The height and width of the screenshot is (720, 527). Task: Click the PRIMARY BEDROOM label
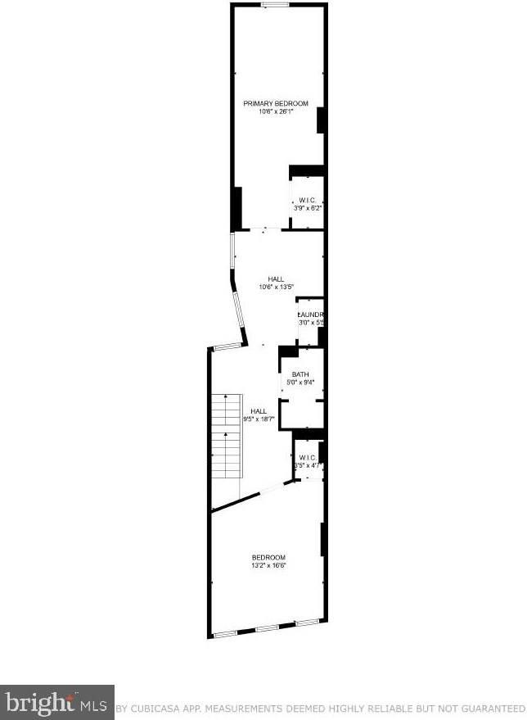click(x=276, y=103)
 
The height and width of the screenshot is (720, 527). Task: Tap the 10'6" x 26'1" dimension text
click(x=276, y=111)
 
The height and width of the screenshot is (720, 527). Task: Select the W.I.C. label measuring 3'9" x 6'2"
click(x=308, y=200)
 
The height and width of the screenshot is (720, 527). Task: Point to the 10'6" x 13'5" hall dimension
click(x=276, y=288)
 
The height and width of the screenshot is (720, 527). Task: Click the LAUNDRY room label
click(x=311, y=315)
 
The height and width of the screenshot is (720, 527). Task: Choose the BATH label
click(x=300, y=375)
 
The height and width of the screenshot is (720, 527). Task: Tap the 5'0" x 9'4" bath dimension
click(x=300, y=383)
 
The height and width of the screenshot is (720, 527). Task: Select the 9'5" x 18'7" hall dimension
click(x=259, y=419)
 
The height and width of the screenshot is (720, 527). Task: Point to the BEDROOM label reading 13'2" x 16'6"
click(x=268, y=557)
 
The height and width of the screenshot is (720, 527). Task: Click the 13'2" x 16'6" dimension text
click(x=268, y=565)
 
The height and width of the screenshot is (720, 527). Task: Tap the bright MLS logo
click(x=56, y=702)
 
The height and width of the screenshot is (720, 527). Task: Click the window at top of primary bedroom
click(x=275, y=6)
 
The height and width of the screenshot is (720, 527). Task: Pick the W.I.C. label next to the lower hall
click(x=308, y=457)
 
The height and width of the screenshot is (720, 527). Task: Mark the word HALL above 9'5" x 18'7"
click(x=259, y=411)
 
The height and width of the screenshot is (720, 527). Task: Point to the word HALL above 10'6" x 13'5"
click(x=276, y=279)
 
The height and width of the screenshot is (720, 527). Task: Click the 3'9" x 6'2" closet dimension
click(x=308, y=208)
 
